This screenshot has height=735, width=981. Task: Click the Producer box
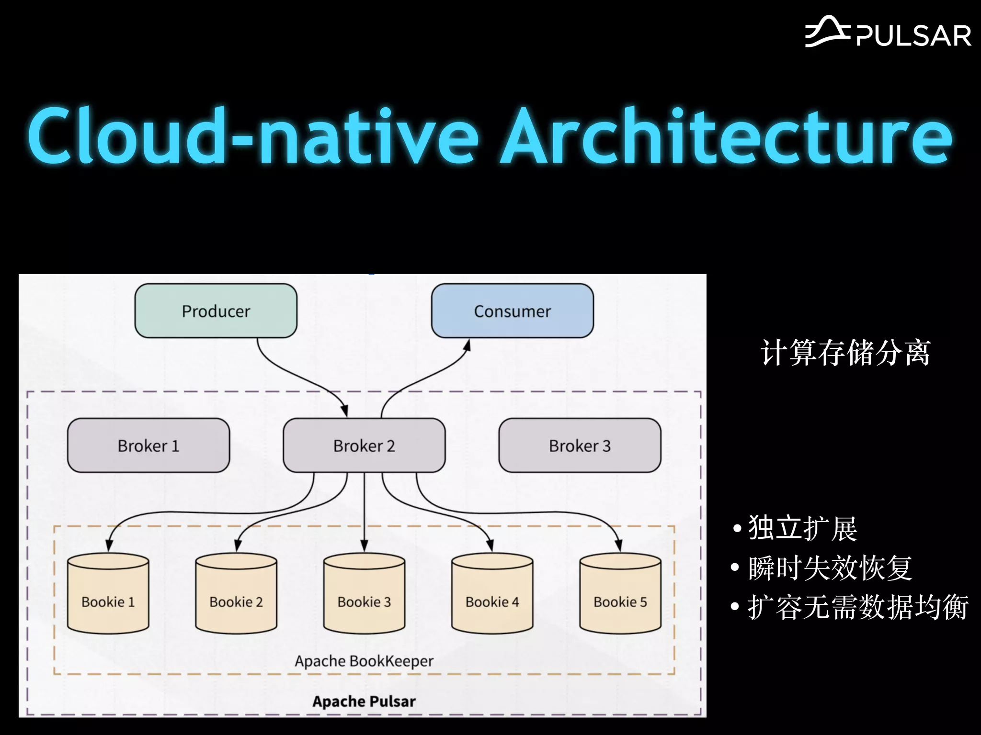click(x=216, y=311)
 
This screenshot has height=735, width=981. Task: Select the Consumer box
click(x=512, y=311)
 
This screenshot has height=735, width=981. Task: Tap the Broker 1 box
click(x=148, y=445)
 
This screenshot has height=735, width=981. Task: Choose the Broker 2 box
click(x=364, y=445)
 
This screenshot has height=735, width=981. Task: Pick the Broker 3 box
click(x=580, y=445)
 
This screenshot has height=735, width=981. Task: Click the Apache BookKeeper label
click(x=364, y=661)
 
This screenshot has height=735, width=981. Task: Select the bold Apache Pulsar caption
click(x=364, y=701)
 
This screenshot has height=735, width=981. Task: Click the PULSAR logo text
click(x=913, y=36)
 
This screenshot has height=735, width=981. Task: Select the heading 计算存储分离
click(x=845, y=353)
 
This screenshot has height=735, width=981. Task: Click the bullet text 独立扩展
click(x=803, y=528)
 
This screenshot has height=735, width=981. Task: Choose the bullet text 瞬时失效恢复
click(x=830, y=568)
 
